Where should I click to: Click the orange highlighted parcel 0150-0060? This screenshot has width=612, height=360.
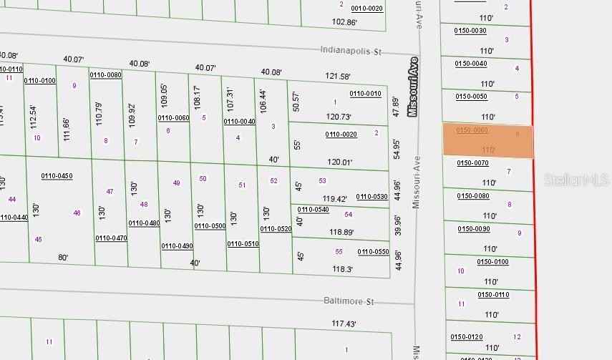pyautogui.click(x=488, y=141)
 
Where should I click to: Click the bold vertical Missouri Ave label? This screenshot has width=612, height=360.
pyautogui.click(x=412, y=87)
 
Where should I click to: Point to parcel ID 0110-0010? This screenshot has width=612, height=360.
pyautogui.click(x=365, y=94)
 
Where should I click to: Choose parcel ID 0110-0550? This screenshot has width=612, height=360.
pyautogui.click(x=373, y=251)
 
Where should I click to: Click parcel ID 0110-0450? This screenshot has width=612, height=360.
pyautogui.click(x=57, y=175)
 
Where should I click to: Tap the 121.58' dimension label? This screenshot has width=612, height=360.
pyautogui.click(x=338, y=77)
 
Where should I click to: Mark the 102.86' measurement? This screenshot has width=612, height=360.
pyautogui.click(x=345, y=22)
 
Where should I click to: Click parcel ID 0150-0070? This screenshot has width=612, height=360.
pyautogui.click(x=472, y=163)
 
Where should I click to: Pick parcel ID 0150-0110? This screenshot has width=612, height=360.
pyautogui.click(x=493, y=295)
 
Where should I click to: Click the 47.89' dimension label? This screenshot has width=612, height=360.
pyautogui.click(x=396, y=107)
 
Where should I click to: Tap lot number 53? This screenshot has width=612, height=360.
pyautogui.click(x=323, y=181)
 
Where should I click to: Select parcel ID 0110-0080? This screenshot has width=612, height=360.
pyautogui.click(x=105, y=74)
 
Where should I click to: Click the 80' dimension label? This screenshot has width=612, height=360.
pyautogui.click(x=63, y=258)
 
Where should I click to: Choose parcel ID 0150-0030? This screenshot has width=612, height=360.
pyautogui.click(x=470, y=30)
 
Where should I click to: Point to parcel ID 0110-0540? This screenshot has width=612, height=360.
pyautogui.click(x=313, y=210)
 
